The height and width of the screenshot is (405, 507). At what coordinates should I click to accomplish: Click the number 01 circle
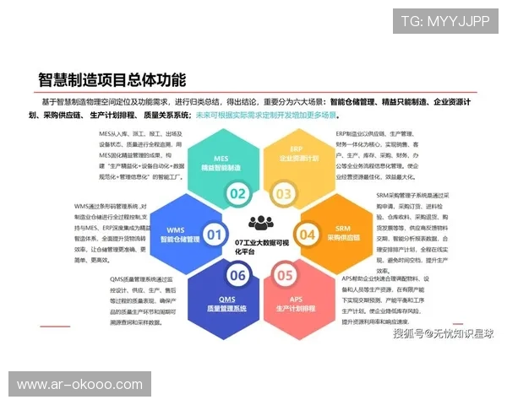pos(215,235)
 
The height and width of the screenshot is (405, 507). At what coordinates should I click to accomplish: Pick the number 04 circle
pos(307,235)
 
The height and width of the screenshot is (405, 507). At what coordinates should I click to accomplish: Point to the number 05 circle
pos(284,274)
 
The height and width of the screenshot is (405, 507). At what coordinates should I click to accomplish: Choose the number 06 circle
pos(237,274)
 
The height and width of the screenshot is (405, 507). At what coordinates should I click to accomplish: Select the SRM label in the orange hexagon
pos(342,227)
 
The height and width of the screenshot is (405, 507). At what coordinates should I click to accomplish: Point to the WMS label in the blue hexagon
pos(175,229)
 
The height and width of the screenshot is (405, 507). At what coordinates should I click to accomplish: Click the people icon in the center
pos(261,224)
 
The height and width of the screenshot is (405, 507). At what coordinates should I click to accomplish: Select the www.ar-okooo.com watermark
pos(81,385)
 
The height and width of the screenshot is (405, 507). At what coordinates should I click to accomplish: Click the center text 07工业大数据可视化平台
pos(261,246)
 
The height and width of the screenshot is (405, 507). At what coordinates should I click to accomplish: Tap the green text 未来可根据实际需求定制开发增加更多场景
pos(267,115)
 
